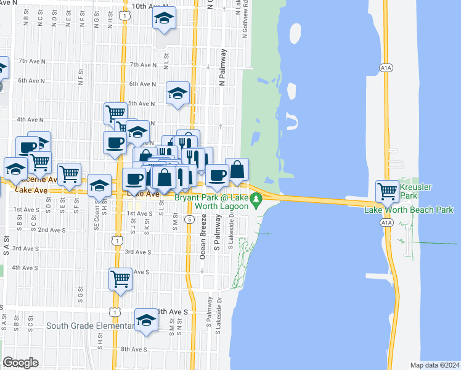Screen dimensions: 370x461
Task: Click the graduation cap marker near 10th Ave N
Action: point(164,18)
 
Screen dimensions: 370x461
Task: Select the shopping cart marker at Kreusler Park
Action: point(388,191)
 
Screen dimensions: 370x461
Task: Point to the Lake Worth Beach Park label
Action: point(409,210)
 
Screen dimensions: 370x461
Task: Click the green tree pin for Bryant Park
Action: point(259,199)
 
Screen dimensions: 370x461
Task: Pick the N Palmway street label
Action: point(222,68)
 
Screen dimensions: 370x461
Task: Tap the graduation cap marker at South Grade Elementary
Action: point(147,321)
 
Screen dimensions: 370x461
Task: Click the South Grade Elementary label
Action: point(89,326)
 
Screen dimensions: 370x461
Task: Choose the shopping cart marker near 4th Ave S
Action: point(121,278)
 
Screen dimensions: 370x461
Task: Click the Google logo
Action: point(20,363)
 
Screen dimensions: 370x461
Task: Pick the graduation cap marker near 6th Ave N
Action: point(177,93)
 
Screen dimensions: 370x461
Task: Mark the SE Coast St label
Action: point(97,218)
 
